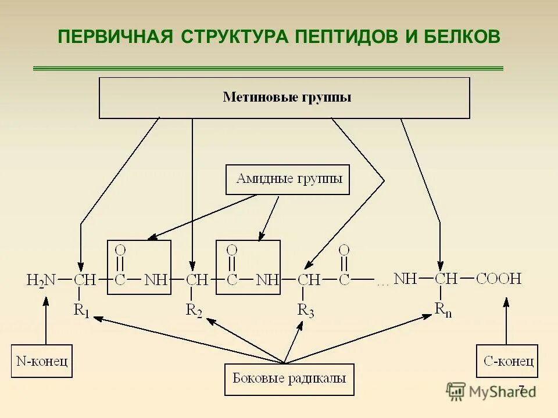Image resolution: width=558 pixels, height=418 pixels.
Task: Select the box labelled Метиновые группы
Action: click(x=284, y=98)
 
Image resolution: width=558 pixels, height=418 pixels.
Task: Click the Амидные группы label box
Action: click(x=287, y=179)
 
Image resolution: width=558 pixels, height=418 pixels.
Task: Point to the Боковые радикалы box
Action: click(x=289, y=379)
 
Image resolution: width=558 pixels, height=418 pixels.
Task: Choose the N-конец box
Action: click(x=42, y=361)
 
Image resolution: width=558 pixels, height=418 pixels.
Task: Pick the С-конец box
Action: click(x=507, y=361)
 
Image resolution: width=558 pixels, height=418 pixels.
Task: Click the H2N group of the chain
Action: click(x=41, y=280)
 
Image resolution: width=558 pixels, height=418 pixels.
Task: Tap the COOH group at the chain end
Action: click(x=499, y=279)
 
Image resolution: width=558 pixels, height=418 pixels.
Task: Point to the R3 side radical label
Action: click(x=306, y=311)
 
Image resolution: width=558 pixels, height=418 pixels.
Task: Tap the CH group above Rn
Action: click(x=446, y=279)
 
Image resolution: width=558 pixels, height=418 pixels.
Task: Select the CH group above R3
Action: click(x=309, y=280)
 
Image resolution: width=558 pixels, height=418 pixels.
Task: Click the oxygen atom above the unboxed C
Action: click(x=344, y=250)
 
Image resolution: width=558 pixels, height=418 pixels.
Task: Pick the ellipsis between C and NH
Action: click(x=382, y=283)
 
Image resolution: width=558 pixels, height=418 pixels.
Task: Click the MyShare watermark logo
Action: click(x=491, y=391)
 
